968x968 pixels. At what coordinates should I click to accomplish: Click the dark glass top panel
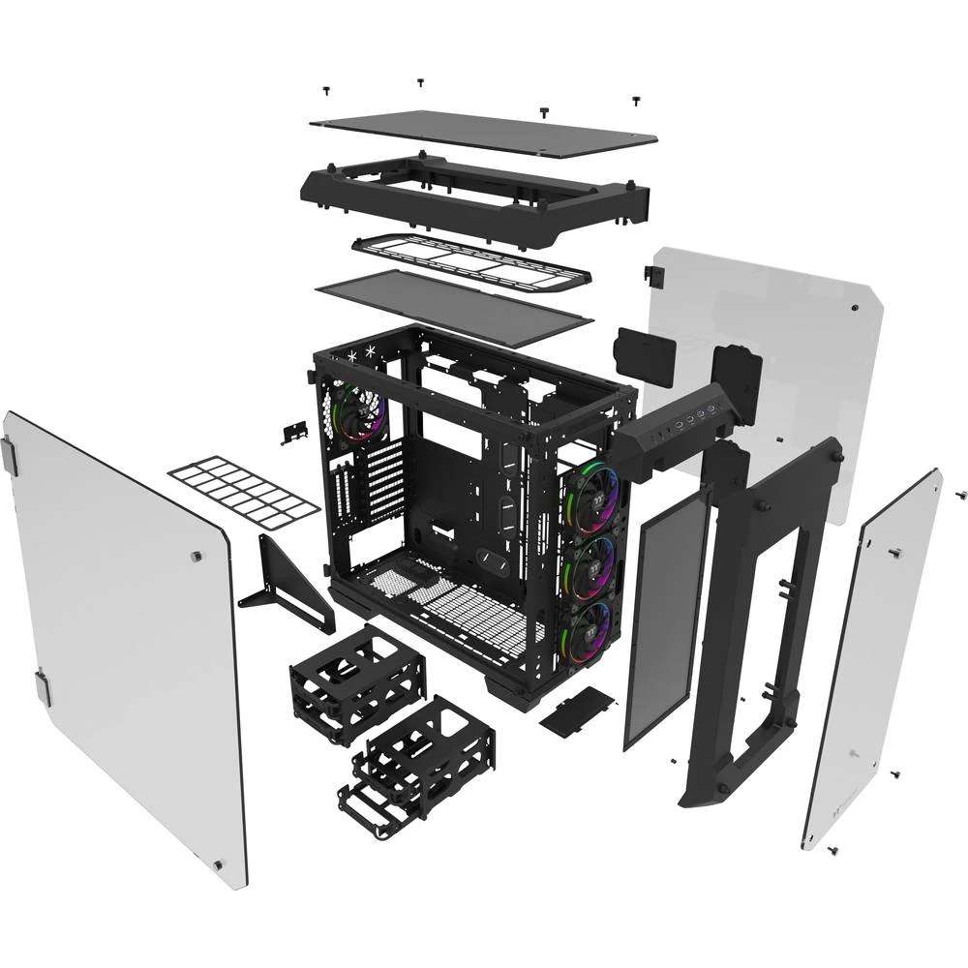tap(484, 134)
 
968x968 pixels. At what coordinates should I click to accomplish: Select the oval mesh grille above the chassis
tap(471, 260)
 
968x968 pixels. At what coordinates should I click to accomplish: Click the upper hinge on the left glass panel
tap(10, 456)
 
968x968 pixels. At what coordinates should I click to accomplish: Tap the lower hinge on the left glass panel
tap(43, 686)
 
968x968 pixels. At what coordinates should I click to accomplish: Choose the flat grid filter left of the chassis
tap(243, 491)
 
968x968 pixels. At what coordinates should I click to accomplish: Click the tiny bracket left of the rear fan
tap(292, 433)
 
